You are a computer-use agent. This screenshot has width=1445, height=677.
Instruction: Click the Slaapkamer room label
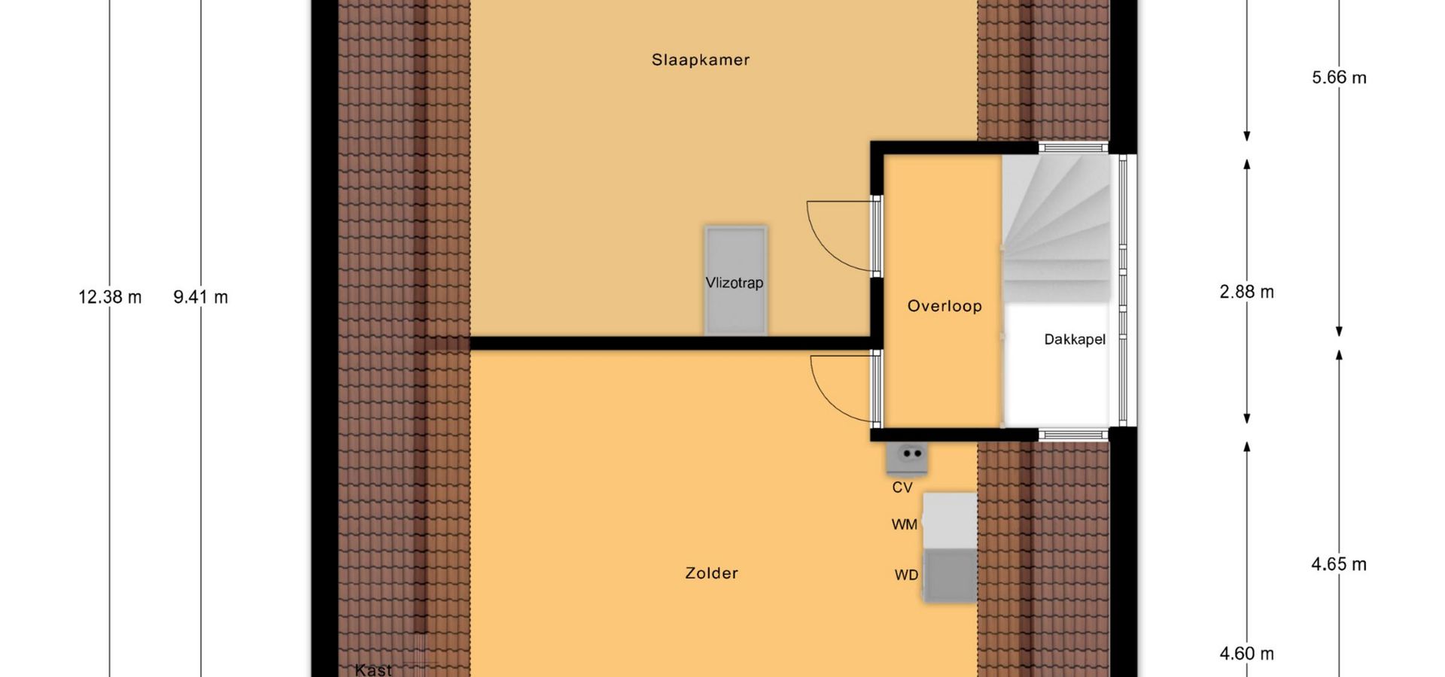click(x=701, y=60)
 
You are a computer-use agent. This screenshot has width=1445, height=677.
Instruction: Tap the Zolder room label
click(x=711, y=573)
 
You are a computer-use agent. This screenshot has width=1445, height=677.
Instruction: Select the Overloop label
click(x=945, y=306)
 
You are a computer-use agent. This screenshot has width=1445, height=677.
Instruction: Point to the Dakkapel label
click(x=1075, y=340)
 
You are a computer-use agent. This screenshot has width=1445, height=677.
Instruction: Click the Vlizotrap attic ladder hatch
click(x=735, y=280)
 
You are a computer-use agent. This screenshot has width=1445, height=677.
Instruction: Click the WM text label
click(x=905, y=524)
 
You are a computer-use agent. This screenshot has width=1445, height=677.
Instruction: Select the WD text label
click(x=906, y=575)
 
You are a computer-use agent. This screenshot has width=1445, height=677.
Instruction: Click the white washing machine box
click(x=950, y=521)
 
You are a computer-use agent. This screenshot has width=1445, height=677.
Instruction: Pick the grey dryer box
click(x=950, y=576)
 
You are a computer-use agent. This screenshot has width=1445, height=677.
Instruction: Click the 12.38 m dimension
click(x=110, y=297)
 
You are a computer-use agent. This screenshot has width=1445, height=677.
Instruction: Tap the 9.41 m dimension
click(x=201, y=297)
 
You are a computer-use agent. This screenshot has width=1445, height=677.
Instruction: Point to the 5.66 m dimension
click(x=1339, y=77)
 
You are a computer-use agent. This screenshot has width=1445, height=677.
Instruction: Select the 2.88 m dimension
click(x=1247, y=292)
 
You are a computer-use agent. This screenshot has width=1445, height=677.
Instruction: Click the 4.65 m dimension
click(x=1339, y=564)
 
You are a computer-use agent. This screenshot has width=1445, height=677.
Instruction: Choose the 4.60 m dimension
click(x=1247, y=654)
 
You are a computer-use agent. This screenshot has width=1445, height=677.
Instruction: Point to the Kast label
click(x=373, y=669)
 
